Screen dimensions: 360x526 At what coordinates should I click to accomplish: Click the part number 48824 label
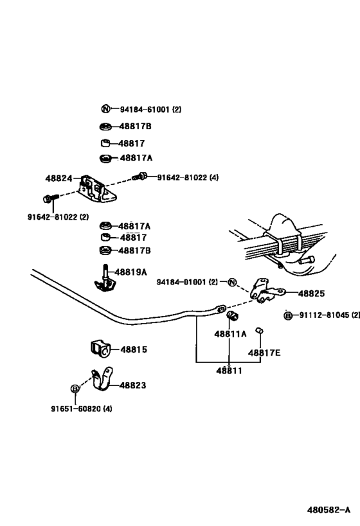click(x=59, y=178)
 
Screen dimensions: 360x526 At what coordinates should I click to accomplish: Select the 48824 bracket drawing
click(x=98, y=189)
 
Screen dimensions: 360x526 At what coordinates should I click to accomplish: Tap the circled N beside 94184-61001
click(x=105, y=109)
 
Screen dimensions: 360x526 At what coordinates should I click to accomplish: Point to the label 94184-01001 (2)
click(x=187, y=282)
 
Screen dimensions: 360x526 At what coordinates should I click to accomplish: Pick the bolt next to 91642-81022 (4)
click(x=139, y=176)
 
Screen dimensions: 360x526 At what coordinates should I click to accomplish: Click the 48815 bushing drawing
click(x=100, y=349)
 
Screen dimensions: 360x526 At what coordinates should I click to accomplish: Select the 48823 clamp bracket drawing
click(x=102, y=379)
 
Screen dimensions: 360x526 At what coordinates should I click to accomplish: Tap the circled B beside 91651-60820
click(x=75, y=389)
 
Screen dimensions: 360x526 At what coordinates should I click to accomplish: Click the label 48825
click(x=311, y=294)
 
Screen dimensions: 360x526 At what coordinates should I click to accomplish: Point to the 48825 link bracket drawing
click(x=267, y=291)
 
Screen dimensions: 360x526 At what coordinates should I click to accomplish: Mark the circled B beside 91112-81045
click(x=288, y=316)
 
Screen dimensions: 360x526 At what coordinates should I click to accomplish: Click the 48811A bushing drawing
click(x=232, y=316)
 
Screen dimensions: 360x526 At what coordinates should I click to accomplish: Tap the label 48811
click(x=229, y=371)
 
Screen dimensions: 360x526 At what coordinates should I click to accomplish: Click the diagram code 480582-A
click(x=328, y=510)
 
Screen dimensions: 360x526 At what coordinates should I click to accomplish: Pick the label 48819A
click(x=131, y=272)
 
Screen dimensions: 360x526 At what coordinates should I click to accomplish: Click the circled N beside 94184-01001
click(x=232, y=282)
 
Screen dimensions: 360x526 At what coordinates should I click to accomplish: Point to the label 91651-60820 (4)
click(x=82, y=408)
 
